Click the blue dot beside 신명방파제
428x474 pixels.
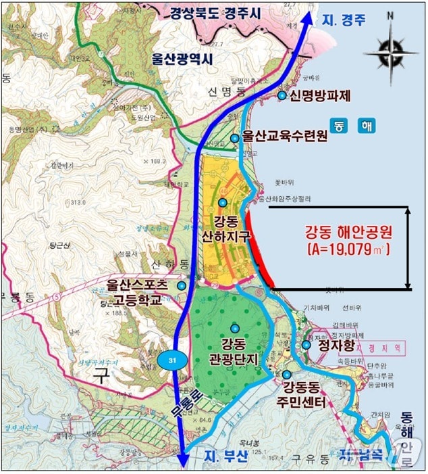pos(282,95)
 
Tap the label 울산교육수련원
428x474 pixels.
pos(285,137)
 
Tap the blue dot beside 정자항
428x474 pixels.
pos(306,345)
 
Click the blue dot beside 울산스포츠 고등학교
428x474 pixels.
pos(182,286)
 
